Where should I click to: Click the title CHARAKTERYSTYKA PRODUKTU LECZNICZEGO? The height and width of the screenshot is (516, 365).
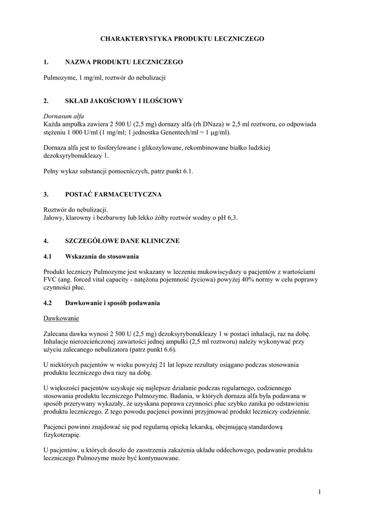click(x=182, y=38)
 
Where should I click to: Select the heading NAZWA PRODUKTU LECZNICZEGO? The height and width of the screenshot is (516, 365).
click(x=124, y=62)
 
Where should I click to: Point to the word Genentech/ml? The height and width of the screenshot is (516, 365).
click(x=184, y=132)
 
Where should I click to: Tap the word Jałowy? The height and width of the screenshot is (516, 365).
click(x=53, y=218)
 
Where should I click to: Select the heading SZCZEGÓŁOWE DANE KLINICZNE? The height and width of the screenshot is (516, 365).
click(x=122, y=241)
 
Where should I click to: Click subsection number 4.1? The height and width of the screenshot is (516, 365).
click(x=48, y=256)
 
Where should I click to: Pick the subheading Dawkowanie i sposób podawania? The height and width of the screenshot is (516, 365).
click(x=112, y=303)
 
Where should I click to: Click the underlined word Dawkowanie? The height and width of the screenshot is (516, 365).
click(x=61, y=318)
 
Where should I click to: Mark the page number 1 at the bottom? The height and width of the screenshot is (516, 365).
click(x=319, y=491)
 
